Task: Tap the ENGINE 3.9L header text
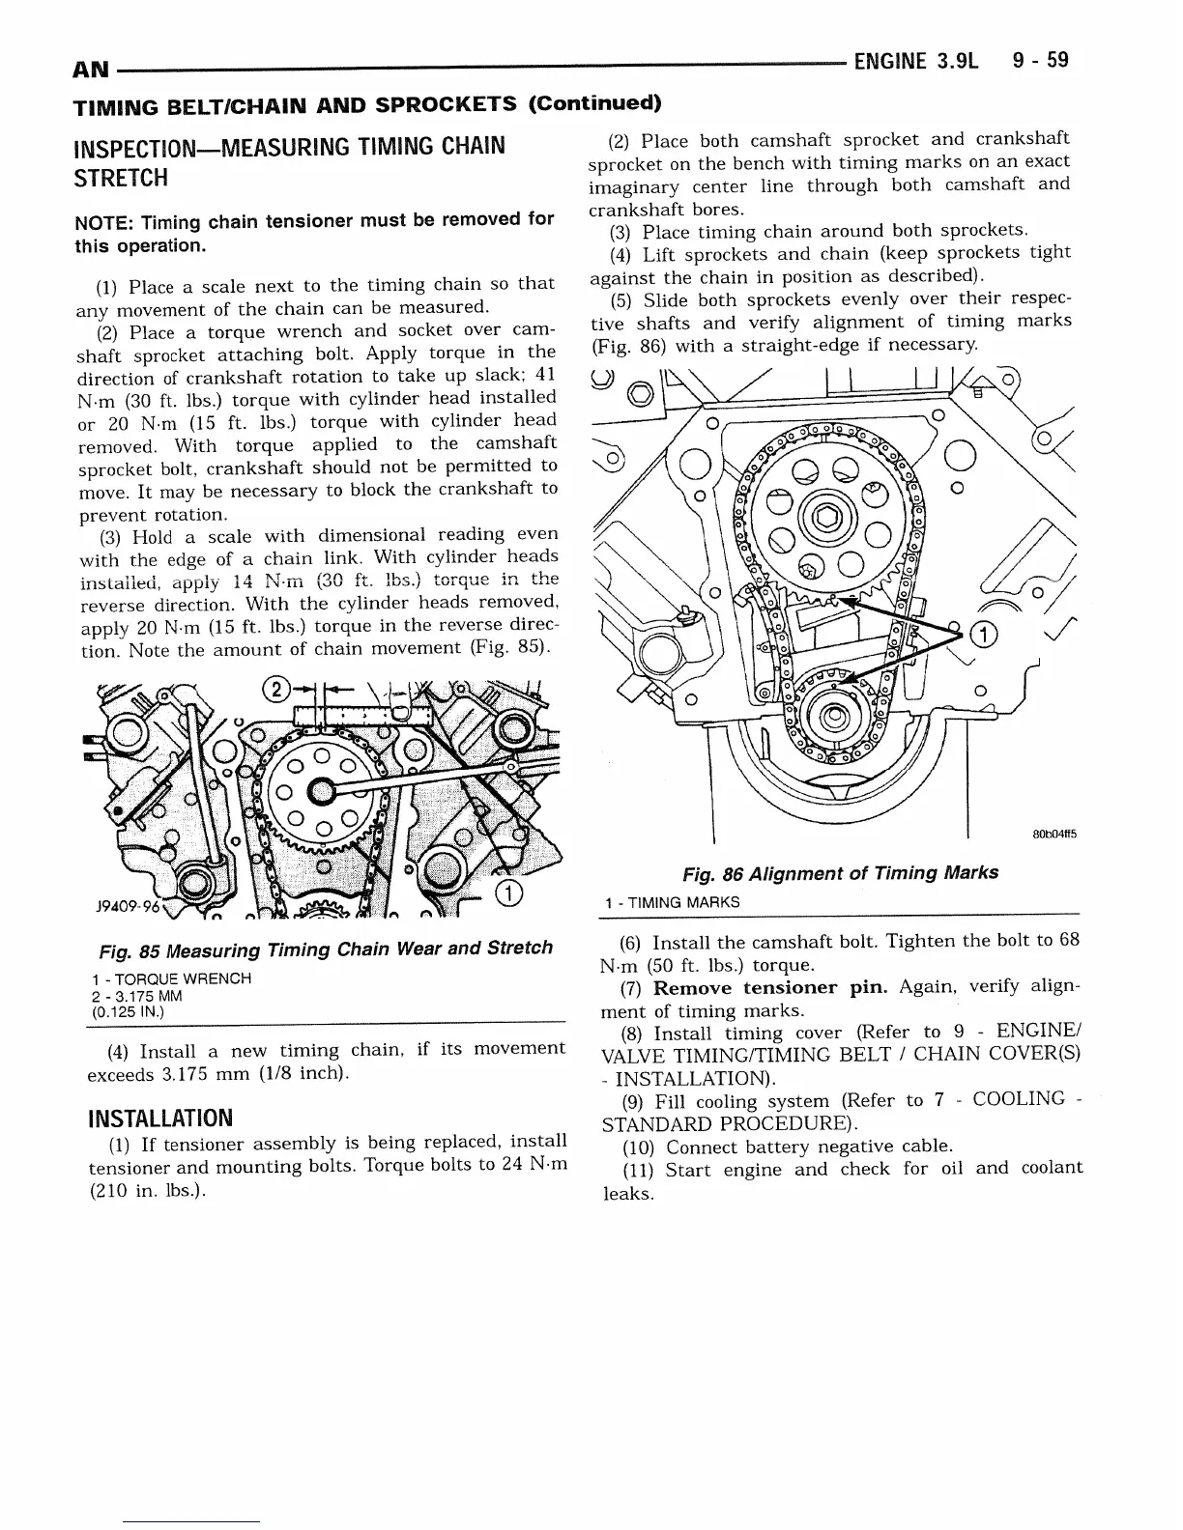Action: pyautogui.click(x=915, y=61)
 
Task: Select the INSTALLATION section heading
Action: pyautogui.click(x=159, y=1119)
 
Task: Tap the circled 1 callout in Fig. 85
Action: pyautogui.click(x=507, y=892)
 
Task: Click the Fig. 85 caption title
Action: pyautogui.click(x=320, y=949)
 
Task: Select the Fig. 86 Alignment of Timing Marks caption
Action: pyautogui.click(x=839, y=873)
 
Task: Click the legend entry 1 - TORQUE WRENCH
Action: pyautogui.click(x=170, y=978)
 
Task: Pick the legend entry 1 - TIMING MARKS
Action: pyautogui.click(x=672, y=903)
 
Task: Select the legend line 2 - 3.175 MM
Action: pyautogui.click(x=136, y=996)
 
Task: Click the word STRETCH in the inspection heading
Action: pyautogui.click(x=121, y=179)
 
